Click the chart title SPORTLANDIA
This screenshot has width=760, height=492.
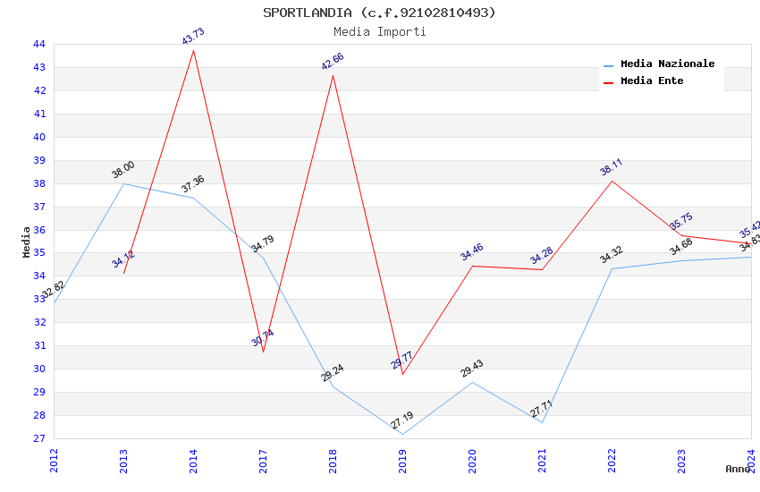click(x=379, y=13)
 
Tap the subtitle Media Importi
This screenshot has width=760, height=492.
click(x=379, y=31)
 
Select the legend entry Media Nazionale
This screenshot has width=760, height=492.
click(x=667, y=64)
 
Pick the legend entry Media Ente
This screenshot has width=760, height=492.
click(x=652, y=81)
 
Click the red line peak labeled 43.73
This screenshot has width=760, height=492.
click(x=193, y=50)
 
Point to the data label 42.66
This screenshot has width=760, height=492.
click(x=333, y=62)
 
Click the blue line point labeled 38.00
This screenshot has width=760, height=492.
click(x=123, y=183)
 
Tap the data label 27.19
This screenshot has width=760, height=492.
click(x=402, y=420)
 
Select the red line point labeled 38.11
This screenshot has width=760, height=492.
click(x=612, y=181)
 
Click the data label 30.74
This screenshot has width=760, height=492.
click(x=263, y=338)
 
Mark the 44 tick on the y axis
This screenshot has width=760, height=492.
click(x=39, y=44)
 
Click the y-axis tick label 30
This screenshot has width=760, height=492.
click(x=39, y=369)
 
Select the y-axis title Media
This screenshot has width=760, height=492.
click(x=27, y=241)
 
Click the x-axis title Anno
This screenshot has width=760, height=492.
click(x=739, y=469)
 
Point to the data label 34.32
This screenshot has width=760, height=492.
click(x=612, y=256)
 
